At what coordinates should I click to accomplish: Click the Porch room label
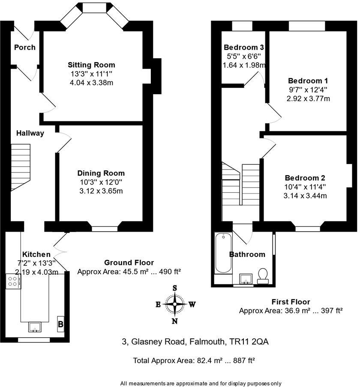point(25,47)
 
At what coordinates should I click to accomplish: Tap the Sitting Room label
point(91,65)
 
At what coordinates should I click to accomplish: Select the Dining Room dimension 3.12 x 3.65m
point(101,191)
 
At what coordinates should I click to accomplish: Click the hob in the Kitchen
point(13,282)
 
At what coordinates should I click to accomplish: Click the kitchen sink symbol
point(34,327)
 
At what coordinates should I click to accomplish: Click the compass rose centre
point(175,305)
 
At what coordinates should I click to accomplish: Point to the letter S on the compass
point(175,288)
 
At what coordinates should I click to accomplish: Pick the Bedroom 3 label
point(244,47)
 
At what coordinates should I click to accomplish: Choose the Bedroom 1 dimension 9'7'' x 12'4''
point(309,89)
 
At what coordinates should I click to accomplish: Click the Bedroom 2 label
point(305,178)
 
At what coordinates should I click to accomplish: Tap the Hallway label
point(30,133)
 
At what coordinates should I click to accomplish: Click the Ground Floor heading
point(129,262)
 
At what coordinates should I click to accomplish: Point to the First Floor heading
point(291,302)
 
